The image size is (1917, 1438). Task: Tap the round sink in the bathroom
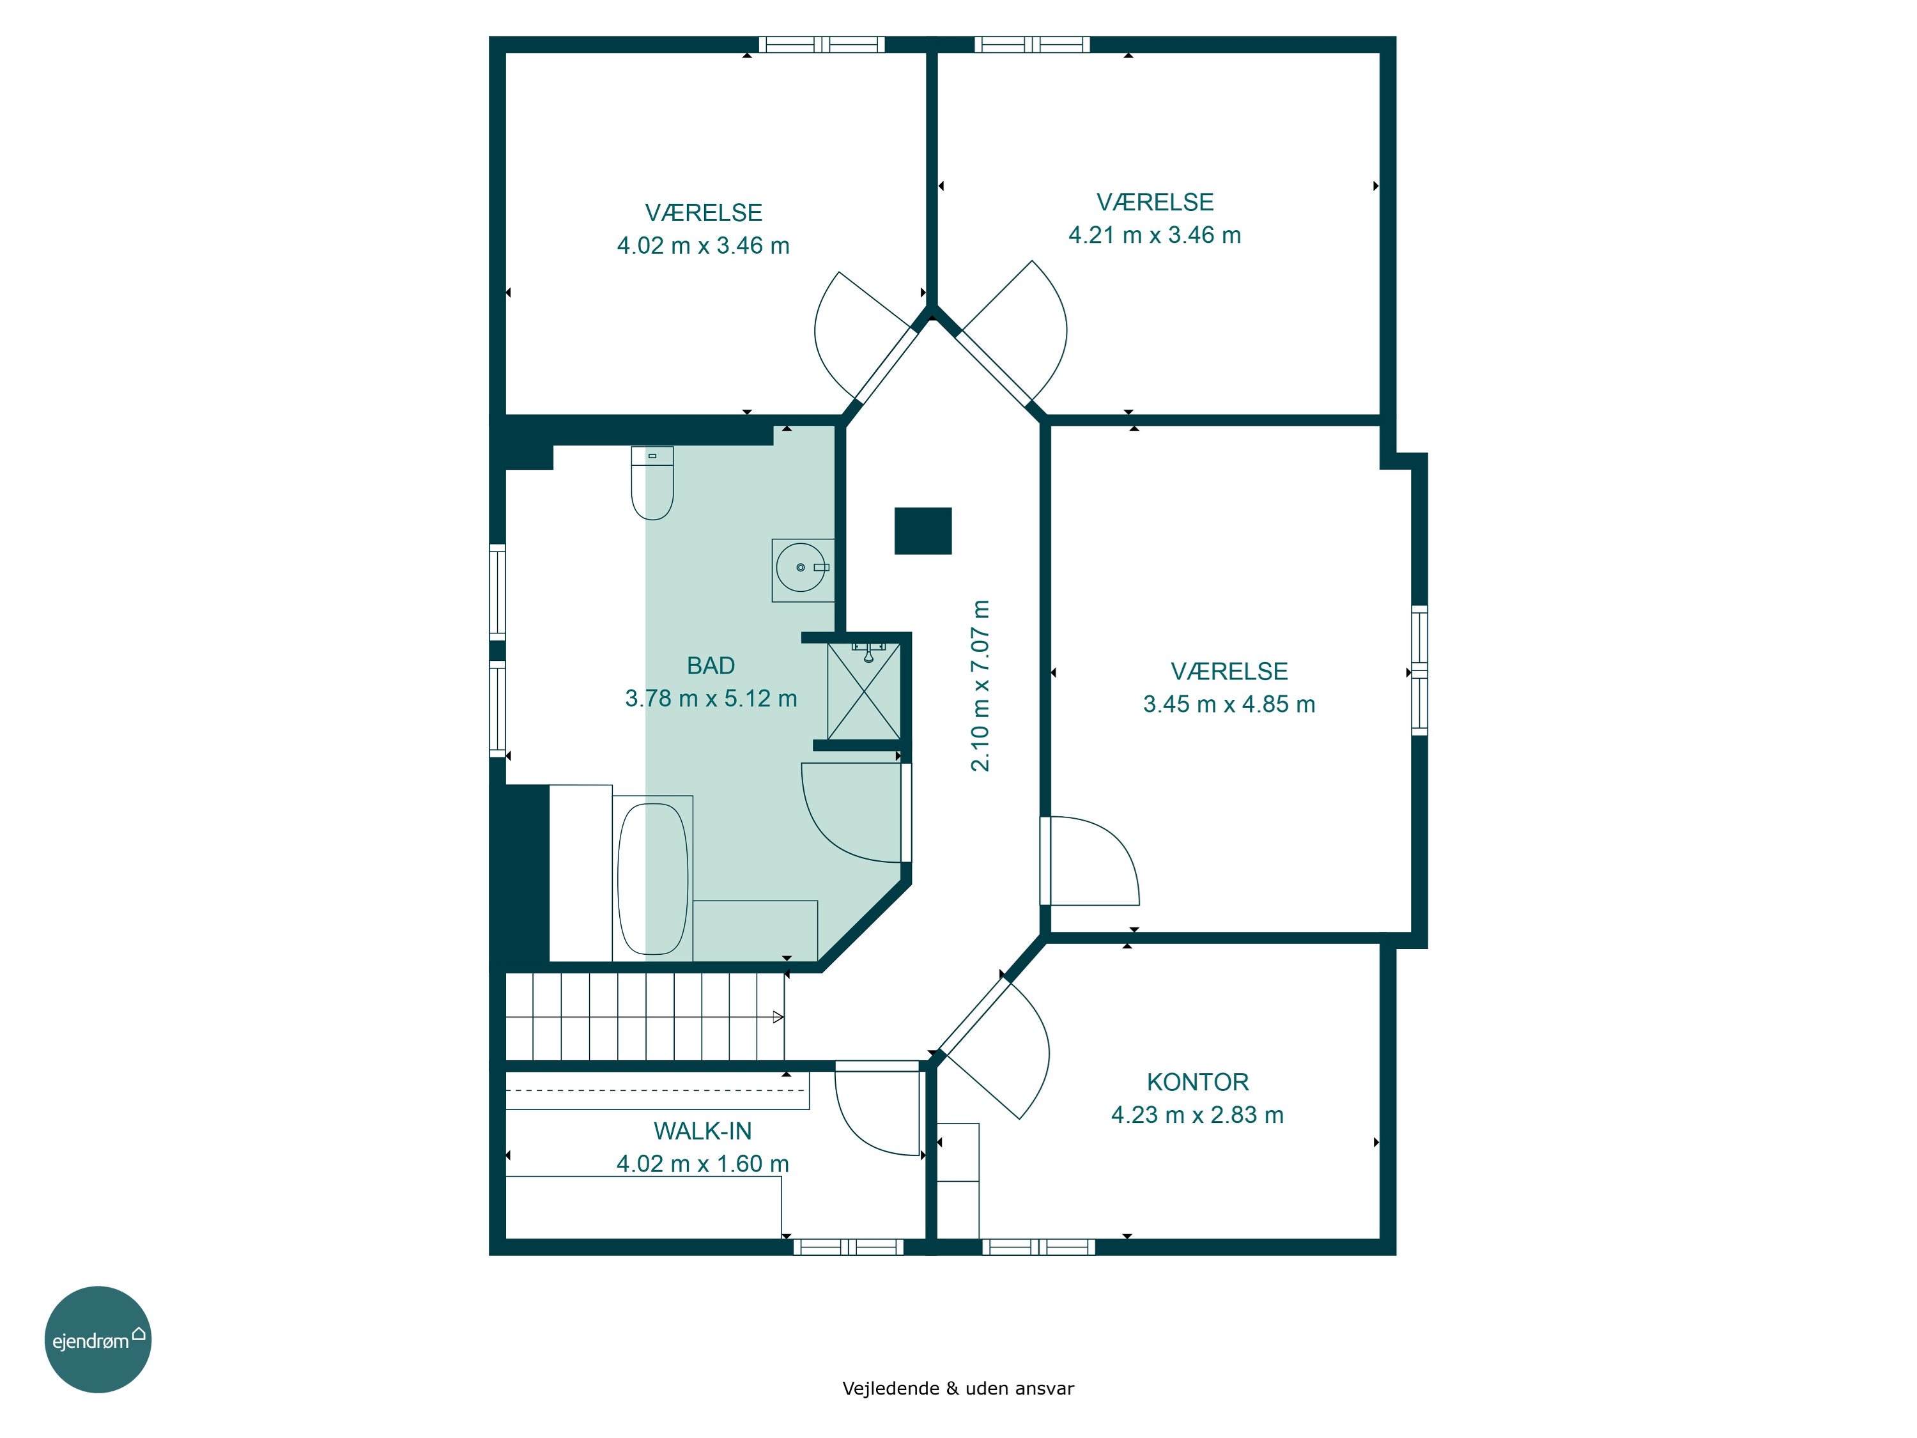point(800,568)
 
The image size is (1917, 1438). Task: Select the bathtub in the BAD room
point(652,879)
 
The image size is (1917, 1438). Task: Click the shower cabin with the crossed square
point(863,691)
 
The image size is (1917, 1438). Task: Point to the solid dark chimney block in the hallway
point(923,530)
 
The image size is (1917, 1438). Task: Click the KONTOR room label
point(1197,1082)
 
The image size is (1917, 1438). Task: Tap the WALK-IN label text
point(702,1131)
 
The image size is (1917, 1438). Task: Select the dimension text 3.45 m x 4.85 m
point(1229,704)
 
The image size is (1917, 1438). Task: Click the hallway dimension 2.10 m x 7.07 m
point(980,686)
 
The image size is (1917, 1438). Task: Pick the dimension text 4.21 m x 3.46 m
point(1155,235)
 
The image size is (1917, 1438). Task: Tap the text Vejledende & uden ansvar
point(958,1389)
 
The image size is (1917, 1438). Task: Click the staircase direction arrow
point(778,1017)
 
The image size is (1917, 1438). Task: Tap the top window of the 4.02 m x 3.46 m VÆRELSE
point(822,44)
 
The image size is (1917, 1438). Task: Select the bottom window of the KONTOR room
point(1038,1248)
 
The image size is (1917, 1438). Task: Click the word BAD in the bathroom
point(711,666)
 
